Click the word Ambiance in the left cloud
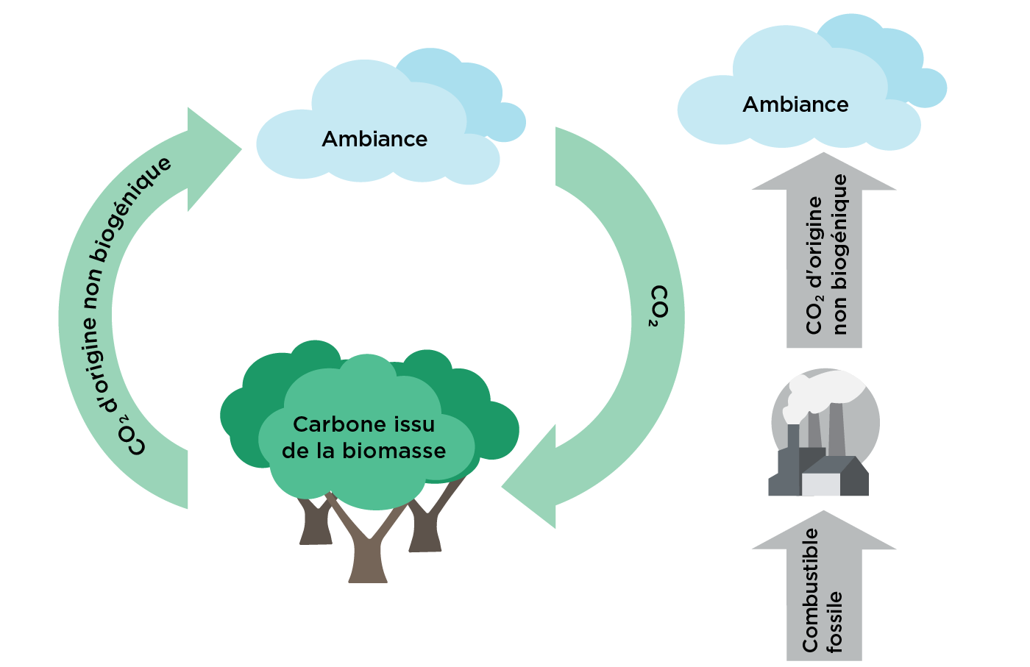pos(374,139)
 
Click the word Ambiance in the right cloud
pos(795,104)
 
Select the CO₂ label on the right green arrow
pos(658,306)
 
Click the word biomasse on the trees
pos(394,451)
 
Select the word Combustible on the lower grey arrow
pos(810,590)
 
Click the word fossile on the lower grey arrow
pos(835,622)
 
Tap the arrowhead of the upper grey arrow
pos(823,171)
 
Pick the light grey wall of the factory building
pos(821,485)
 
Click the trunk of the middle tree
pos(368,547)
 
